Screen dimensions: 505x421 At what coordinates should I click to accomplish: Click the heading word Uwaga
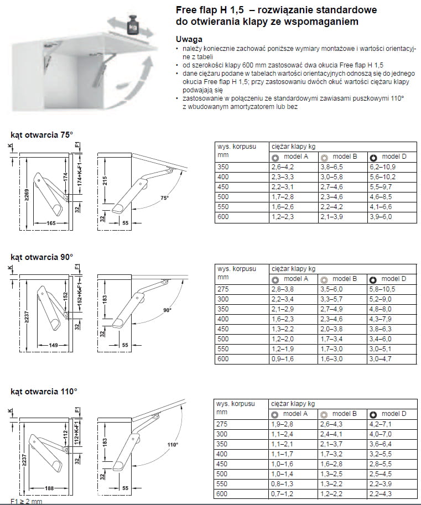coord(189,39)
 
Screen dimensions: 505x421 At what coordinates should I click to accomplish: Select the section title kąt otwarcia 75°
coord(42,134)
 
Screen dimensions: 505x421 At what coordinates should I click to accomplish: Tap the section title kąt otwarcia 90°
coord(42,257)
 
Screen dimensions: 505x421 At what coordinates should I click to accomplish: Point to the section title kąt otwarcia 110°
coord(44,391)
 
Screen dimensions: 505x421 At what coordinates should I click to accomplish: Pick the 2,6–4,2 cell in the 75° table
coord(282,166)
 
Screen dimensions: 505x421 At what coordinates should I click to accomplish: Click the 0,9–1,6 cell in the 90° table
coord(282,359)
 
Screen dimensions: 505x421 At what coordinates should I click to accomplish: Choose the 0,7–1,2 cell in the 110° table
coord(282,493)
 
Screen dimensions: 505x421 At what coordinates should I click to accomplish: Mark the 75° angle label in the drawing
coord(164,197)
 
